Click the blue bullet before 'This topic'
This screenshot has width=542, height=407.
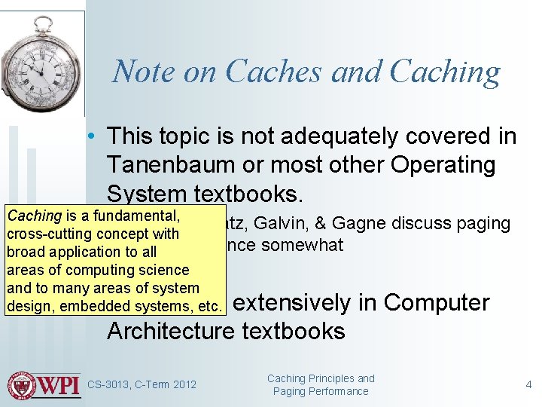click(90, 136)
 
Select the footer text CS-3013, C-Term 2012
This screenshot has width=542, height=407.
click(142, 385)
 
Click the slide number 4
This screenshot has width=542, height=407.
click(528, 384)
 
